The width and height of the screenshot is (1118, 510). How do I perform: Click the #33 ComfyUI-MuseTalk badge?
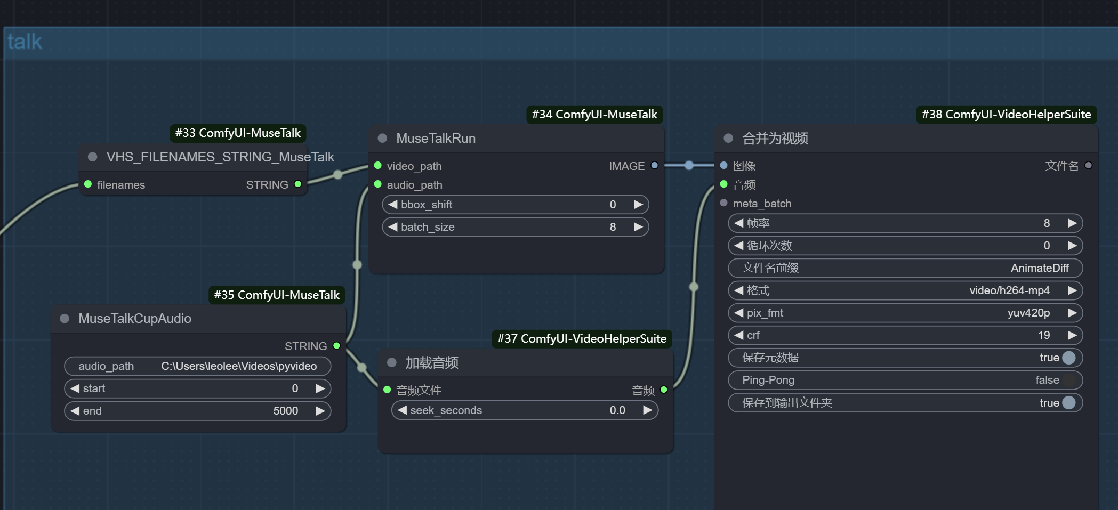(238, 133)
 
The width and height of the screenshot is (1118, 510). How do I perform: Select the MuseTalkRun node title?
(436, 139)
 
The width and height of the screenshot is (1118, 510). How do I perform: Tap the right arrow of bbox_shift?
(638, 205)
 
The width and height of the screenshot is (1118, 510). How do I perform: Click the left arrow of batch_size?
(393, 227)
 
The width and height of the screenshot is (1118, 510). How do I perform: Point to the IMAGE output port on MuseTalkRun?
(655, 166)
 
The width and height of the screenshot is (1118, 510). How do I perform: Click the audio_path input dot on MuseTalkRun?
(378, 184)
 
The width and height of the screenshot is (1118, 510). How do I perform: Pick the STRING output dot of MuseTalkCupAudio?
(336, 346)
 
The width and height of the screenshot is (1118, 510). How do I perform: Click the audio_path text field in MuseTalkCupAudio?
(198, 366)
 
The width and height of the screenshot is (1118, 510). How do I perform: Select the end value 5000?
(286, 411)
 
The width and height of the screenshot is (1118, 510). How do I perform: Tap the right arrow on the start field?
(320, 388)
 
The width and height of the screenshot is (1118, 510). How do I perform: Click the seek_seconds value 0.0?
(617, 410)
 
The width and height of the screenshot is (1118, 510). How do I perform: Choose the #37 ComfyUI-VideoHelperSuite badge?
(582, 338)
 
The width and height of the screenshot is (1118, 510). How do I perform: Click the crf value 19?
(1044, 335)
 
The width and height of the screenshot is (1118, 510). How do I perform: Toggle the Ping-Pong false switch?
(1069, 380)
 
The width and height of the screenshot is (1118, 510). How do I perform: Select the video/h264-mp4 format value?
(1009, 290)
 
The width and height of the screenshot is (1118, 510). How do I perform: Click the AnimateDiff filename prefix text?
(1040, 268)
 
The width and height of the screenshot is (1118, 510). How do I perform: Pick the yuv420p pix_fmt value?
(1028, 313)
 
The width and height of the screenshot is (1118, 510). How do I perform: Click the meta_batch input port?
(723, 203)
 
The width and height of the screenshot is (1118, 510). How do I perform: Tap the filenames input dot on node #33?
(88, 184)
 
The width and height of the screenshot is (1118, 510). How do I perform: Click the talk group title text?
(25, 42)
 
